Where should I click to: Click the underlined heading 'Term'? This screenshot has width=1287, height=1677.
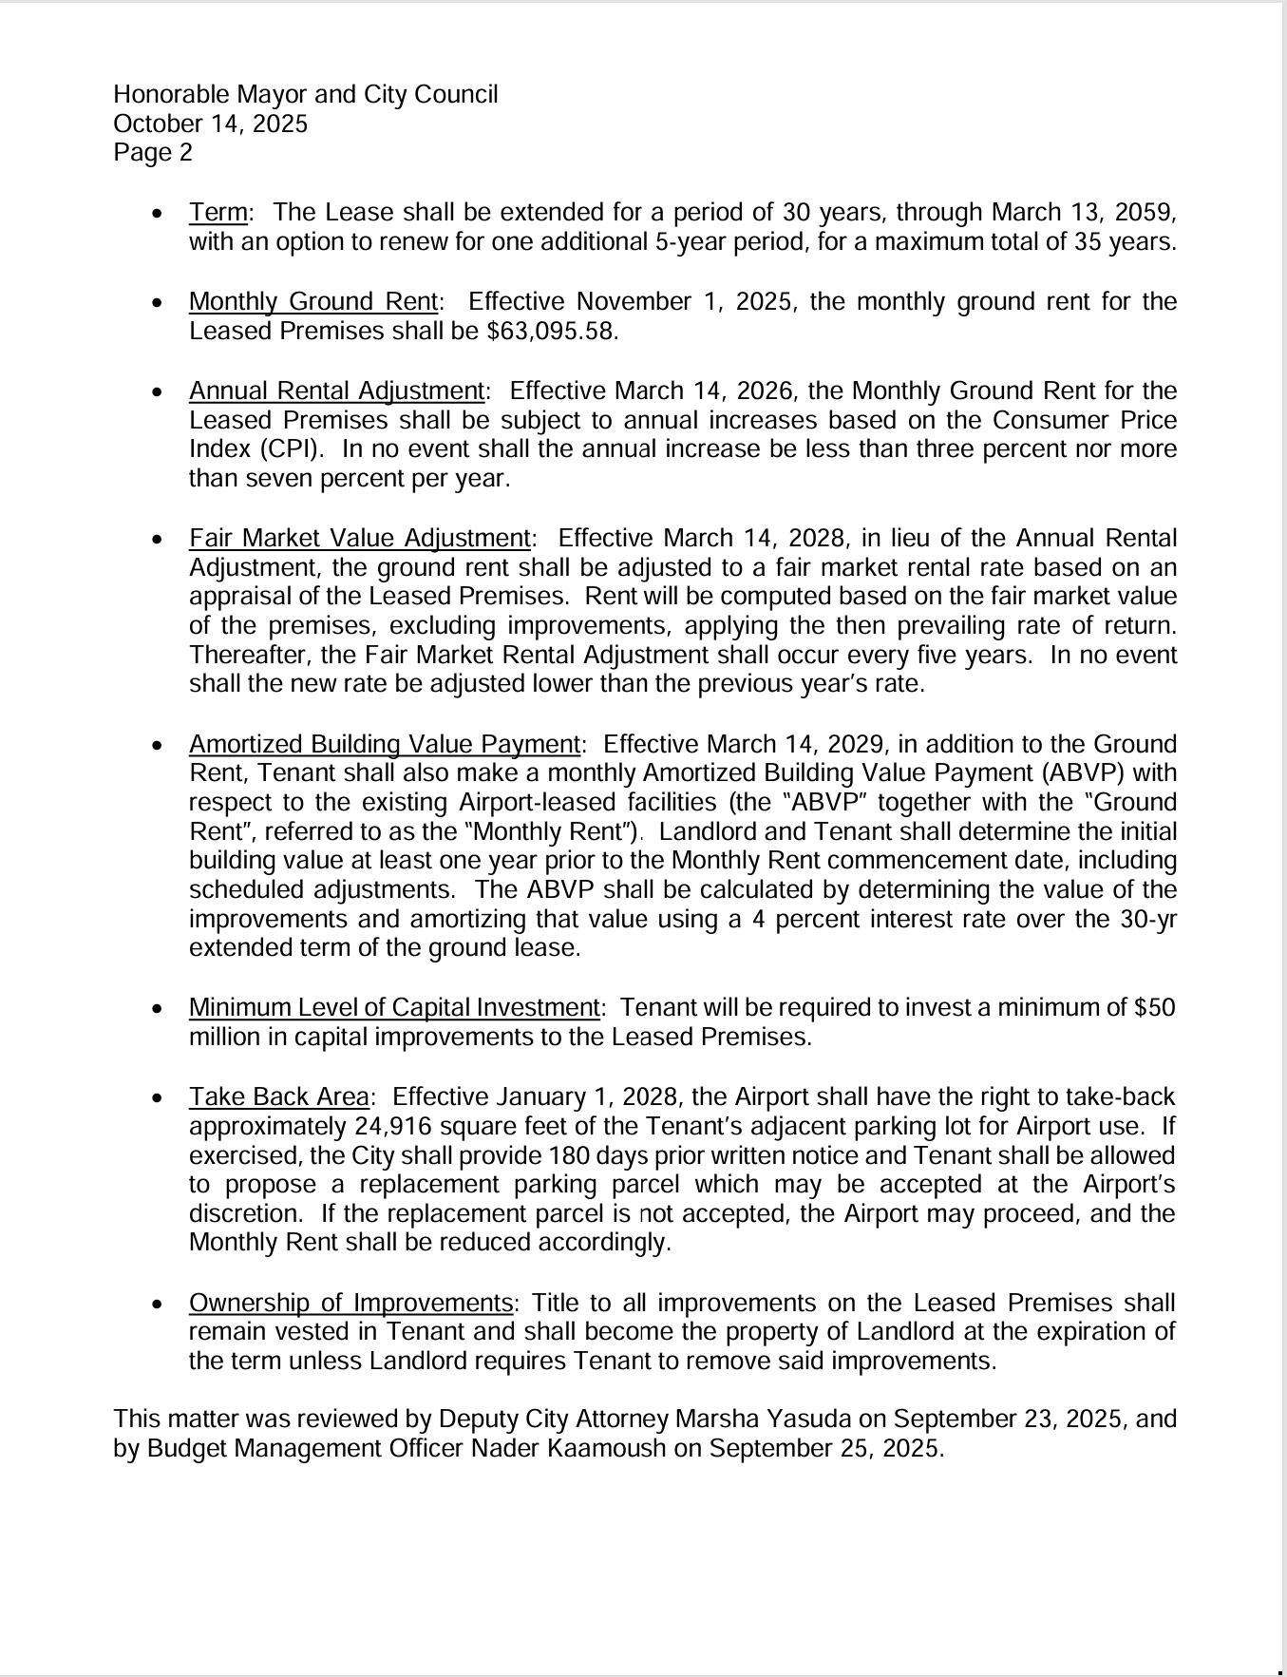(218, 212)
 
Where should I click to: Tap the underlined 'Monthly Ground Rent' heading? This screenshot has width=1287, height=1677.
(313, 302)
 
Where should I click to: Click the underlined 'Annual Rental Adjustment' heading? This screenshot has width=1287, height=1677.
(337, 391)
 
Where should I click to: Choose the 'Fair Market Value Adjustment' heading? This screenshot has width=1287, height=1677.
(359, 539)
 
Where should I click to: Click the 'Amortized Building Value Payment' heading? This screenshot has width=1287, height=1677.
(385, 744)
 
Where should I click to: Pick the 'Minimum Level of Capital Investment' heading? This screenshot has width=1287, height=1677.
(394, 1008)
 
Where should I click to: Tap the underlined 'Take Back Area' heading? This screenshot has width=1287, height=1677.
(278, 1097)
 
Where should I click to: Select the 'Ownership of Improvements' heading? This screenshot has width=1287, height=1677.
(350, 1303)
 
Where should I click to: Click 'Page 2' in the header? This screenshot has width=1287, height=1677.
(153, 153)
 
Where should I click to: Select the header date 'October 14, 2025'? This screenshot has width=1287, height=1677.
(210, 124)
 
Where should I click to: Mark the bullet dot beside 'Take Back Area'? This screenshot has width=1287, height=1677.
(158, 1098)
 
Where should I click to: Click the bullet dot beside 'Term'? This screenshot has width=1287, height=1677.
(158, 213)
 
